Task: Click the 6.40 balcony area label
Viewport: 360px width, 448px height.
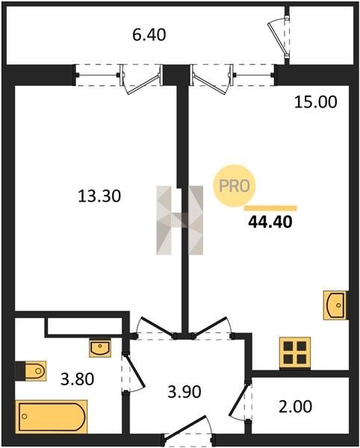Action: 149,35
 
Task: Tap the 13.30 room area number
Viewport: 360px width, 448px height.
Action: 99,196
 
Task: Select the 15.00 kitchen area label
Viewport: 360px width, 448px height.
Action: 316,102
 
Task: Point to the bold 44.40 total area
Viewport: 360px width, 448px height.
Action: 270,222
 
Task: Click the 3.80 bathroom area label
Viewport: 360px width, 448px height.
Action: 78,379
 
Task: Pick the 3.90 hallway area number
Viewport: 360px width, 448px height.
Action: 184,392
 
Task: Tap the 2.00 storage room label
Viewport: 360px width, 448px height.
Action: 295,407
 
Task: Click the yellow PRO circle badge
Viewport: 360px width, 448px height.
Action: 235,186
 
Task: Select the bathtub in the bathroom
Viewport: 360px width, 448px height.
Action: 52,417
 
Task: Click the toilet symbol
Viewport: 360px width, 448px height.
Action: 31,371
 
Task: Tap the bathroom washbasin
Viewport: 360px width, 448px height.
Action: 100,347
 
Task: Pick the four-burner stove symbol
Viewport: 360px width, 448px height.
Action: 295,352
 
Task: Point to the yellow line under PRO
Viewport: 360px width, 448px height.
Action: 270,208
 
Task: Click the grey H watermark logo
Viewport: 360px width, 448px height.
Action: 180,220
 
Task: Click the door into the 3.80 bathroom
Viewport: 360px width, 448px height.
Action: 133,373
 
